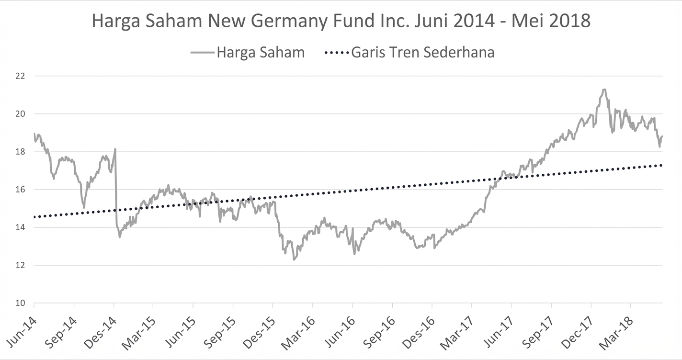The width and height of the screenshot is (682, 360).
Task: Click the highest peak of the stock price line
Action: (x=604, y=90)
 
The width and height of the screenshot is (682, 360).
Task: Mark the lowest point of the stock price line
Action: (x=294, y=259)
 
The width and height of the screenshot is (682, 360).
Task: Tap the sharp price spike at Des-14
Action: (x=115, y=149)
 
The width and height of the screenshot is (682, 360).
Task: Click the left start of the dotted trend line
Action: (x=34, y=217)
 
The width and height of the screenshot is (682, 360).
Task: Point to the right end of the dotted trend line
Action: (x=662, y=165)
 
